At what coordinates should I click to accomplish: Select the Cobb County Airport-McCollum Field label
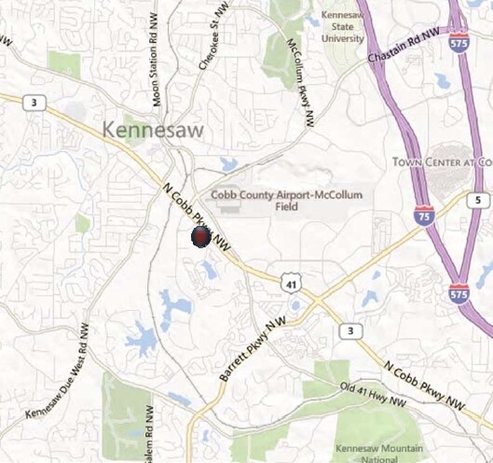(286, 201)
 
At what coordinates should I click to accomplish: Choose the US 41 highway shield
(291, 279)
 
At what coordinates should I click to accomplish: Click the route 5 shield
(476, 201)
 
